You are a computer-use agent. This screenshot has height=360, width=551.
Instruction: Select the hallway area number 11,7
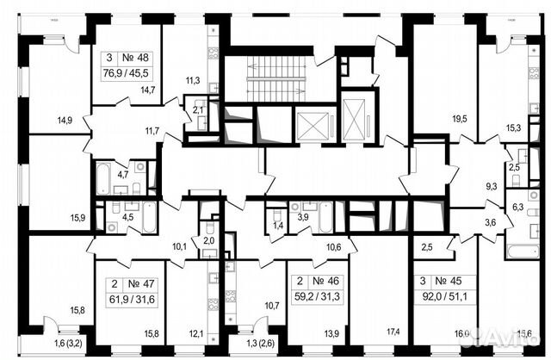click(x=152, y=130)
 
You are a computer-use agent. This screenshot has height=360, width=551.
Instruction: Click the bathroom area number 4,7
click(x=122, y=175)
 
